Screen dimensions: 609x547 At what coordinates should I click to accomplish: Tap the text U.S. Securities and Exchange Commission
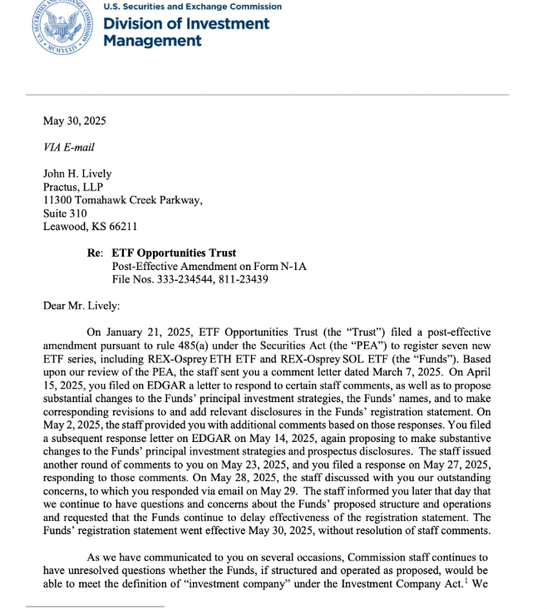192,7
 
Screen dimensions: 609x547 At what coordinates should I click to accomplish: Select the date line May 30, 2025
74,121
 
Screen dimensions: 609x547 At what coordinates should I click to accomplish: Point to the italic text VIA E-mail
68,148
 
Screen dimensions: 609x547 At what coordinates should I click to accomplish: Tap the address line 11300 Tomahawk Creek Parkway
122,200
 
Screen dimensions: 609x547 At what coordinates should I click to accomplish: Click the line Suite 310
64,213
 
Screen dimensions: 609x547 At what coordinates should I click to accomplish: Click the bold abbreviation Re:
96,253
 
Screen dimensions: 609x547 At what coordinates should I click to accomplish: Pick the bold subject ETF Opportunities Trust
174,253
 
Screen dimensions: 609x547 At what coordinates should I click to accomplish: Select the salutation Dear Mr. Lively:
81,305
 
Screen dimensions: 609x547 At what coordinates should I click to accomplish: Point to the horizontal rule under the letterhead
275,95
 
